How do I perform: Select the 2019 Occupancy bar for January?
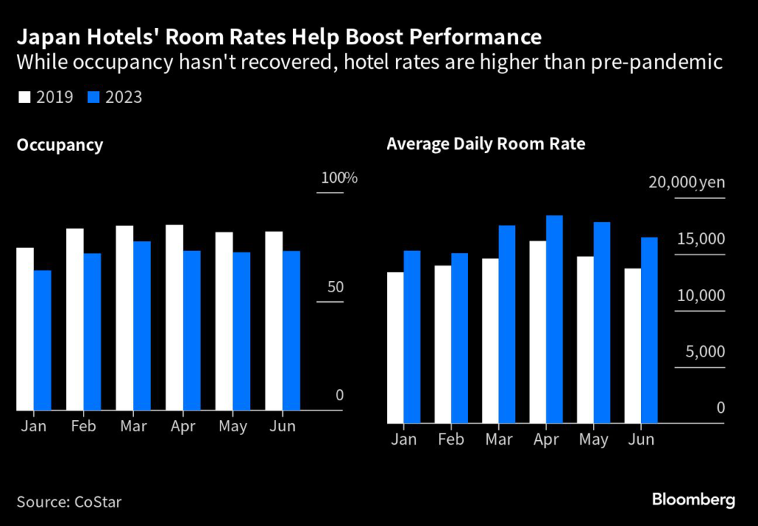point(25,328)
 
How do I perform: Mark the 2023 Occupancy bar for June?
point(291,330)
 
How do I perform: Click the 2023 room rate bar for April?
point(554,320)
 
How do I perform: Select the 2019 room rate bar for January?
point(395,348)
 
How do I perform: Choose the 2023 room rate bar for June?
point(649,330)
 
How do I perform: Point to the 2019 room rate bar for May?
point(586,340)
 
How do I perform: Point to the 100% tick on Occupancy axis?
point(338,178)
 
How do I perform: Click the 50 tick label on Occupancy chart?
point(335,287)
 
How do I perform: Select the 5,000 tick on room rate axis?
point(705,351)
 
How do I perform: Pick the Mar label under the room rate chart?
point(499,439)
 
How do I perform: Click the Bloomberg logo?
point(693,500)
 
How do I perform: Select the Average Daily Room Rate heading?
point(486,144)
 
